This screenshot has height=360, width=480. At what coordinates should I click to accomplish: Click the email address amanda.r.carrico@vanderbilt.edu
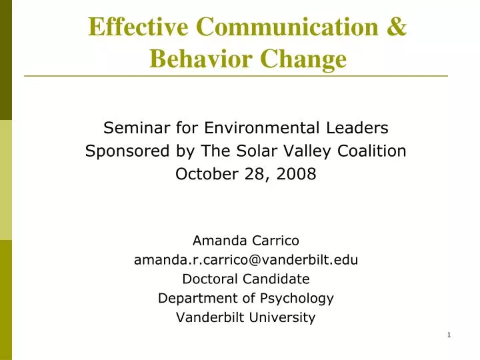245,260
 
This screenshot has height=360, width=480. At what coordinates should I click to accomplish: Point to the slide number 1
449,334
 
